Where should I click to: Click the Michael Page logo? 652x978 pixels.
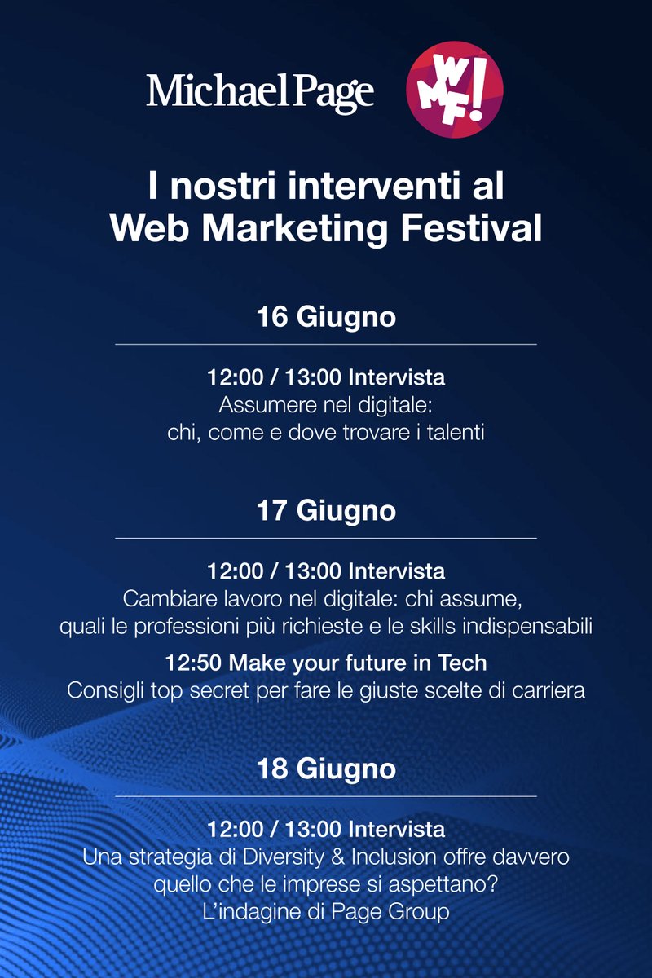tap(260, 91)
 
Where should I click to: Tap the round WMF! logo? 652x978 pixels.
tap(455, 89)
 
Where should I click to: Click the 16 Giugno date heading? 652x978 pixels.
tap(326, 316)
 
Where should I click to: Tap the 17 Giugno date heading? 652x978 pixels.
tap(326, 510)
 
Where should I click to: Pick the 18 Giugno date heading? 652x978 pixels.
tap(326, 768)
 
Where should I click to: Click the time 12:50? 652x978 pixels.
tap(193, 663)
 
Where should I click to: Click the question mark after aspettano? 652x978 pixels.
tap(491, 883)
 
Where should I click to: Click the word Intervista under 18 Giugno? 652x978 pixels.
tap(397, 829)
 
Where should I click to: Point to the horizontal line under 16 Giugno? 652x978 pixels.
tap(326, 345)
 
